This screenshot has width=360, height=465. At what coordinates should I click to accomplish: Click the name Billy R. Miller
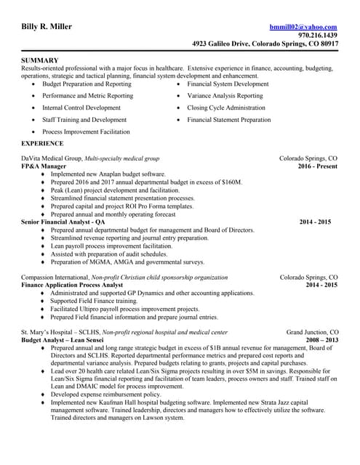point(47,27)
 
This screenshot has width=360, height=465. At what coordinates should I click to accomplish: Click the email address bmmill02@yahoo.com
point(303,27)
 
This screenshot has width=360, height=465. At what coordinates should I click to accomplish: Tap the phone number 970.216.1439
point(318,36)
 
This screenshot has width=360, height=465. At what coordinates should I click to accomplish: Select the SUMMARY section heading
point(40,60)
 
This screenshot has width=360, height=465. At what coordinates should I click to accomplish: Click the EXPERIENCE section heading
point(42,143)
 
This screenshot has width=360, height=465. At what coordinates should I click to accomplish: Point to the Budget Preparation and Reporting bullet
point(87,84)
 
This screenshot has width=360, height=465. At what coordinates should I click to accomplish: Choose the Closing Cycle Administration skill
point(226,108)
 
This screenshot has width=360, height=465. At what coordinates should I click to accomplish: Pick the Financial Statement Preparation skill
point(228,120)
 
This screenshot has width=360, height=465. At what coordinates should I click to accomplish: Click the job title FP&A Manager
point(44,166)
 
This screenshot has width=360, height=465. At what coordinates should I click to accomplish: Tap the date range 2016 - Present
point(318,166)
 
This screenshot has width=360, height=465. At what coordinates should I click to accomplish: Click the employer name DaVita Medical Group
point(52,158)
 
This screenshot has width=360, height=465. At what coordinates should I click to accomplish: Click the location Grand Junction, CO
point(312,332)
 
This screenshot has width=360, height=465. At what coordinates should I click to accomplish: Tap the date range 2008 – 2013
point(321,340)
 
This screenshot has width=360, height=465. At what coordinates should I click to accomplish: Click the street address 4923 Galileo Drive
point(222,44)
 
